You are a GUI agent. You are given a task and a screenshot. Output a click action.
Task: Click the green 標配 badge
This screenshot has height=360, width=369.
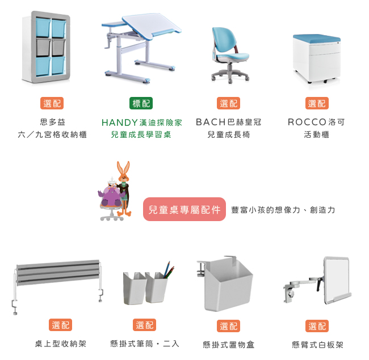[141, 103]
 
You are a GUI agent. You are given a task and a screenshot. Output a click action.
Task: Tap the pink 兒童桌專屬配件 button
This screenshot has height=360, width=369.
[184, 209]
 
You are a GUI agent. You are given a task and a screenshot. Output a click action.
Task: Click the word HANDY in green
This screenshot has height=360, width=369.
[120, 122]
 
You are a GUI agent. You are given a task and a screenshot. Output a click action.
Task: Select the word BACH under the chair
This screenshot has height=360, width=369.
[211, 122]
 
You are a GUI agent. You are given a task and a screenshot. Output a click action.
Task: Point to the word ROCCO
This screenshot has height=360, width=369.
[307, 122]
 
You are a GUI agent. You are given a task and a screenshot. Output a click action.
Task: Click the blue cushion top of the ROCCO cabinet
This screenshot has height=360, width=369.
[317, 39]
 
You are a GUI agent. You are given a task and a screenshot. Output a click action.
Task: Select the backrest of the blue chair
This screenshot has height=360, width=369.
[224, 40]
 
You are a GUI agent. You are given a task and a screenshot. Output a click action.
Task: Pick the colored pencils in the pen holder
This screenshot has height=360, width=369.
[169, 270]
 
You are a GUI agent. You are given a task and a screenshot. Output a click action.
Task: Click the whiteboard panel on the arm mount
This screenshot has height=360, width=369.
[337, 279]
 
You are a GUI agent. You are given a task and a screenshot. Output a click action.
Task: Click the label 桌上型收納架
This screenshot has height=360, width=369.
[61, 344]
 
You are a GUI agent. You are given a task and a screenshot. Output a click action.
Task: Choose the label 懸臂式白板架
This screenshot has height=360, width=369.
[317, 345]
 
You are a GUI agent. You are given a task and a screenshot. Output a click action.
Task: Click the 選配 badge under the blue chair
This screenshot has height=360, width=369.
[228, 103]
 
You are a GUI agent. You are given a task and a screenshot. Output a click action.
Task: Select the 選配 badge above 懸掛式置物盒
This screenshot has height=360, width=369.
[228, 326]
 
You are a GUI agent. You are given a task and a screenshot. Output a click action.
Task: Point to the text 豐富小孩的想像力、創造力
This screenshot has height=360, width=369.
[283, 210]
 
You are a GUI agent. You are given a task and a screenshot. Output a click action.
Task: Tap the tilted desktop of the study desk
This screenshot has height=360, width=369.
[150, 25]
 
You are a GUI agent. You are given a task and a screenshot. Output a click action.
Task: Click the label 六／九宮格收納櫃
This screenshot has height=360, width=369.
[52, 134]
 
